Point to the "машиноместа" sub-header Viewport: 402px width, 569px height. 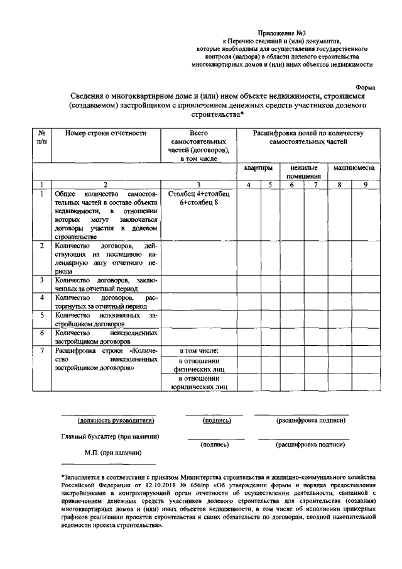click(x=354, y=168)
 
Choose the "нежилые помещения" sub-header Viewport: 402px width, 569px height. click(x=304, y=172)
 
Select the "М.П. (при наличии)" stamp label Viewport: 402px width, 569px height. click(x=113, y=452)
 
